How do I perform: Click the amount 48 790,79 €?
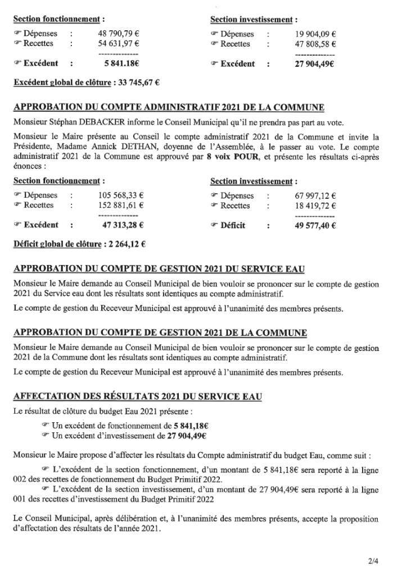tap(119, 34)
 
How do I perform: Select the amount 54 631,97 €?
tap(119, 44)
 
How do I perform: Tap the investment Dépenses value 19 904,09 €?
tap(315, 34)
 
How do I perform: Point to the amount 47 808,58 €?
tap(315, 44)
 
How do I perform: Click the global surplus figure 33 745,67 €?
tap(137, 84)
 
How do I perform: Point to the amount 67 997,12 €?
tap(315, 195)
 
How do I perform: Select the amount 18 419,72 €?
tap(315, 206)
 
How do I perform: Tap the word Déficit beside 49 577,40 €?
tap(233, 225)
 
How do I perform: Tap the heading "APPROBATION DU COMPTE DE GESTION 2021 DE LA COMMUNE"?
tap(160, 333)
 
